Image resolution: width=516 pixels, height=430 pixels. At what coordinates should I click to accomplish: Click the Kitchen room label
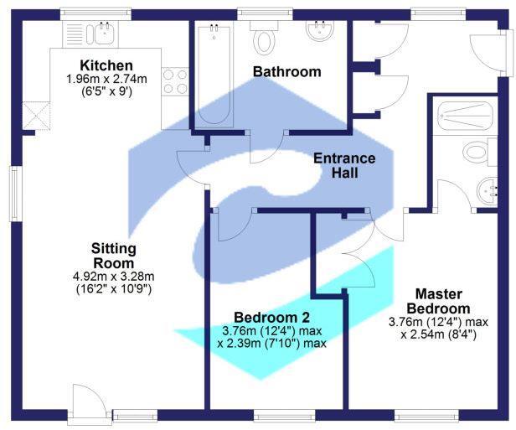[x=106, y=65]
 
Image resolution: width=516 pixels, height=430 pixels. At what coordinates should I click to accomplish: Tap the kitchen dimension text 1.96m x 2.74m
[x=106, y=79]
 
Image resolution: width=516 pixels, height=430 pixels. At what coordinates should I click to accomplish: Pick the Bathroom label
[x=287, y=72]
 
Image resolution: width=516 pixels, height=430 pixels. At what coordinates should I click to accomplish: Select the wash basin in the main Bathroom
[x=319, y=33]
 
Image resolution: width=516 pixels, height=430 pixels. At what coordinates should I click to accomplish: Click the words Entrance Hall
[x=344, y=166]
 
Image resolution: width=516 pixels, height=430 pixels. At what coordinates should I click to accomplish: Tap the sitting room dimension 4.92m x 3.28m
[x=115, y=277]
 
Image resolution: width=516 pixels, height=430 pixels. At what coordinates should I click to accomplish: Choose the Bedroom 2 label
[x=272, y=318]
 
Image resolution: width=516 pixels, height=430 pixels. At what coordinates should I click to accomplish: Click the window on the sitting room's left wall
[x=13, y=193]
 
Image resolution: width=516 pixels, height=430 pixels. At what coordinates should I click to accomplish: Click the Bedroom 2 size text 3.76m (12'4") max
[x=271, y=330]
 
